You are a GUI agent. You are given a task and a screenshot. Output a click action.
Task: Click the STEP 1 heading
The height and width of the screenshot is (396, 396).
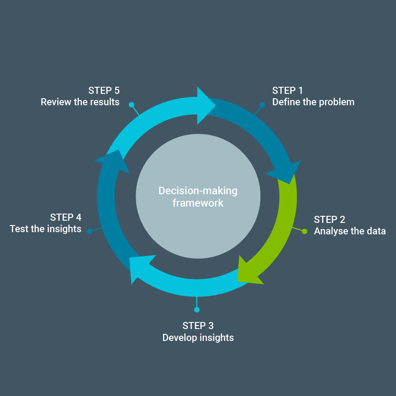point(288,91)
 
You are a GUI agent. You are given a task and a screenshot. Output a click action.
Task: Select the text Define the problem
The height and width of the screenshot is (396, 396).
point(313,102)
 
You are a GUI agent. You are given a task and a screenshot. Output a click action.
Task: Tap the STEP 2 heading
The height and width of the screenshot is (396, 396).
point(329,219)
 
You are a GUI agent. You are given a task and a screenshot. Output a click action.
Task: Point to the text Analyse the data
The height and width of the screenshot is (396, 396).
point(350,231)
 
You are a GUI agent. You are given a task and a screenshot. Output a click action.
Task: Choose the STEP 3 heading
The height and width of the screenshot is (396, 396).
point(198,326)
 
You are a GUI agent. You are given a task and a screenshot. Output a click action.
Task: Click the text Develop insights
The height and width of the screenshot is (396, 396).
point(198,338)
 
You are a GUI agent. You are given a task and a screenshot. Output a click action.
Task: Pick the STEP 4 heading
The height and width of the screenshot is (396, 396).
point(66,217)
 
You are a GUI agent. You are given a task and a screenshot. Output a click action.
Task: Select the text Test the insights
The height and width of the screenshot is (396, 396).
point(46,229)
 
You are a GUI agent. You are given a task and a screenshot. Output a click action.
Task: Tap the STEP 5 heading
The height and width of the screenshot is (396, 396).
point(104,91)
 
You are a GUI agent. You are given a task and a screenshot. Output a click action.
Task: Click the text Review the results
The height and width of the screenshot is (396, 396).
point(80,102)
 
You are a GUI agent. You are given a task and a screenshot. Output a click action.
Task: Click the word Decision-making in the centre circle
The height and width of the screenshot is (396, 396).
point(198,191)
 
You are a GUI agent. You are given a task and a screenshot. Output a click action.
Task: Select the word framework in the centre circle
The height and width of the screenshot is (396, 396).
point(198,203)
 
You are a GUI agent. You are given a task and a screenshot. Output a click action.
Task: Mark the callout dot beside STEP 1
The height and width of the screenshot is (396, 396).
point(262,105)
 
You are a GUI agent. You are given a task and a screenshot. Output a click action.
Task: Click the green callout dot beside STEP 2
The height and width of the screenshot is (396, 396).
point(304,231)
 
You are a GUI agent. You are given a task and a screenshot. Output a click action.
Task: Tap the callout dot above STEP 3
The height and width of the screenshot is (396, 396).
point(197,310)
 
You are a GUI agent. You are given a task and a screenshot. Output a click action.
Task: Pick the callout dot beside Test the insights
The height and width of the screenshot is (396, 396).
point(89,231)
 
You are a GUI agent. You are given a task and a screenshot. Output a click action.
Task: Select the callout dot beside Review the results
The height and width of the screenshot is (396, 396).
point(131,105)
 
